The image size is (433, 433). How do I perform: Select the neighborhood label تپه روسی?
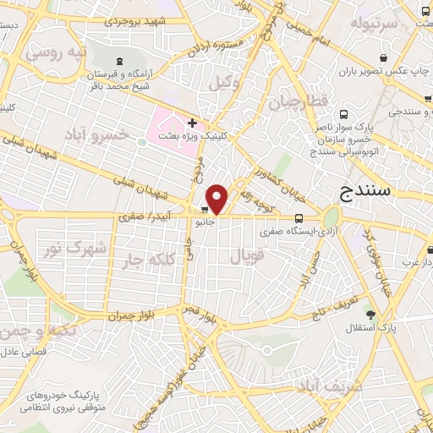pyautogui.click(x=56, y=53)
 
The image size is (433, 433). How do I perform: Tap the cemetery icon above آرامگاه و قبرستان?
pyautogui.click(x=118, y=61)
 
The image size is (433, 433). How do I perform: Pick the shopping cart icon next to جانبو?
pyautogui.click(x=206, y=211)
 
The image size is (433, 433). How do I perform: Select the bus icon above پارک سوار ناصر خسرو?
pyautogui.click(x=343, y=115)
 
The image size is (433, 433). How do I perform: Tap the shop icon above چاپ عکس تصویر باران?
pyautogui.click(x=384, y=58)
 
